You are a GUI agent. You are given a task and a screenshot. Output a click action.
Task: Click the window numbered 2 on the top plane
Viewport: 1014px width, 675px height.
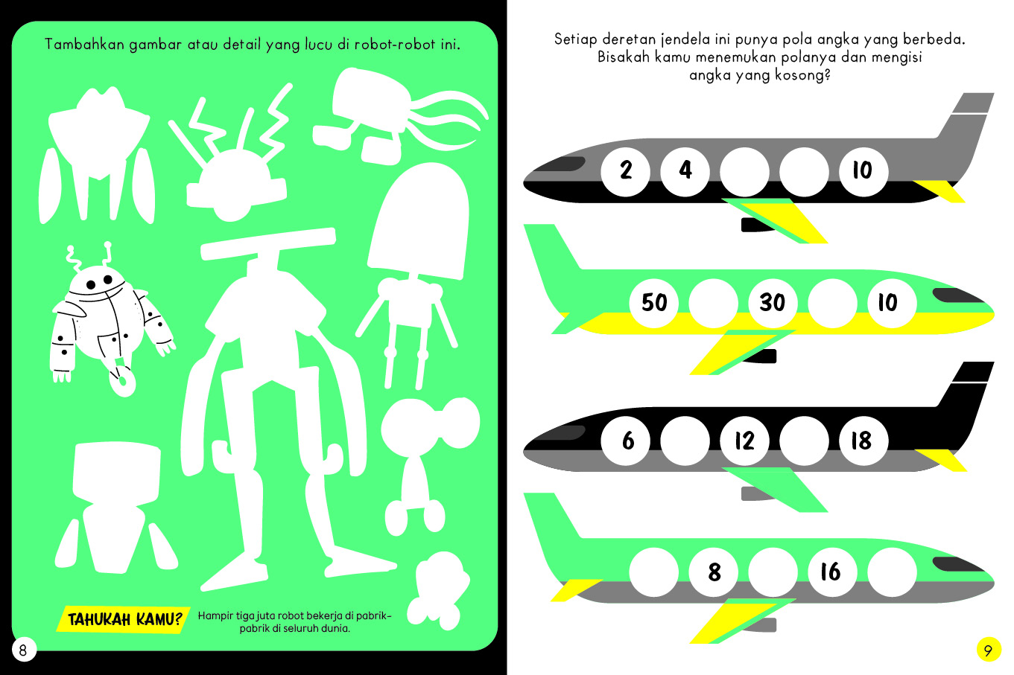point(626,171)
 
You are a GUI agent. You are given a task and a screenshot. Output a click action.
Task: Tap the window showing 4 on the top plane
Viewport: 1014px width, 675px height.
point(685,171)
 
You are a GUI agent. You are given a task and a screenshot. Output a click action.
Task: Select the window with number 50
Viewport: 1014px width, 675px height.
point(654,303)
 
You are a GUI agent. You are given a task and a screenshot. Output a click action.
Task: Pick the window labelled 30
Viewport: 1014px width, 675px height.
point(773,303)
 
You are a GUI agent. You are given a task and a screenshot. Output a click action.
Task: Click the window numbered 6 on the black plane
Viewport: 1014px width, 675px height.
point(626,441)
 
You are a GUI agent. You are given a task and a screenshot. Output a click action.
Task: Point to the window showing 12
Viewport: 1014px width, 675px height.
point(744,441)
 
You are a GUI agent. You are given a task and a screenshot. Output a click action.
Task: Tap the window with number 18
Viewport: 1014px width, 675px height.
point(864,441)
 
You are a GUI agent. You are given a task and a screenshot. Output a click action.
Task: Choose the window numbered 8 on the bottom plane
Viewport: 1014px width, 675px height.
point(714,572)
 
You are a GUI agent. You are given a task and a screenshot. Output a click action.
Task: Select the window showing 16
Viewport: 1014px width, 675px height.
point(832,572)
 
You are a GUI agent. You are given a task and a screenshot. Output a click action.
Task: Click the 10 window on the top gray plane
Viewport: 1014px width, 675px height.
point(864,171)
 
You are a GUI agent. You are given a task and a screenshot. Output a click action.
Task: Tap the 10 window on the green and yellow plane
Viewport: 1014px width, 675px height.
point(892,303)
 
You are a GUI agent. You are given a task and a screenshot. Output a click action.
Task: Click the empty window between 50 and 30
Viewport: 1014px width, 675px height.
point(714,303)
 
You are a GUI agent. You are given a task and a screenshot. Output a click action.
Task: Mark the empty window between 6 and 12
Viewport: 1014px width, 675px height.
point(685,441)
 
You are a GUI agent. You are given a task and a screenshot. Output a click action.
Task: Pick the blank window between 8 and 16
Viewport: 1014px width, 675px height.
point(773,572)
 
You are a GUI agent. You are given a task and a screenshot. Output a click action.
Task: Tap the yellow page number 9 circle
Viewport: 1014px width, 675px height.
point(989,650)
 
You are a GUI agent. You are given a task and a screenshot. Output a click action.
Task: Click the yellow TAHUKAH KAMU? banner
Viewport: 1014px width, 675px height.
point(123,619)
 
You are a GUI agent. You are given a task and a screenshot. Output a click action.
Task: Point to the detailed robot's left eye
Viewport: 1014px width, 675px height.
point(91,285)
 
